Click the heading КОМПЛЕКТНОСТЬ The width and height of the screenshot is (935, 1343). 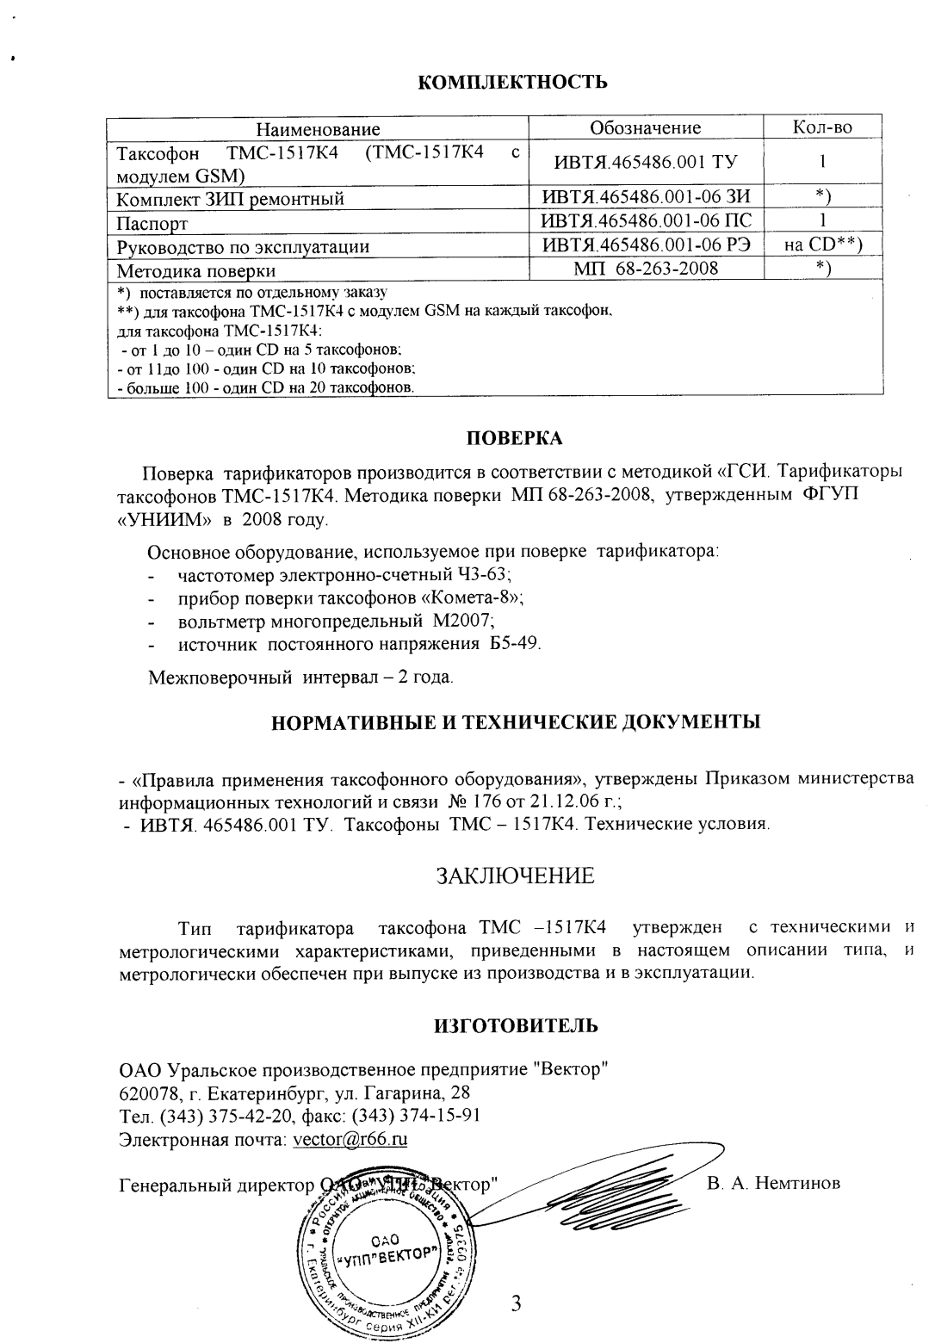513,83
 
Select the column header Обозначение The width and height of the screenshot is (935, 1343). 645,128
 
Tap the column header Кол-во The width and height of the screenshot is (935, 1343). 822,128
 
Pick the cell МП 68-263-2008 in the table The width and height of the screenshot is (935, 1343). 646,269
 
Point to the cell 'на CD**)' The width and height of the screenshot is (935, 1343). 822,246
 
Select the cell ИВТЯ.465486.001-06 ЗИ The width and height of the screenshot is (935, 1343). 646,199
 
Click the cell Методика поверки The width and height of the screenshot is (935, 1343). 196,270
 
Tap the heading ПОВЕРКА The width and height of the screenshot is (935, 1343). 514,437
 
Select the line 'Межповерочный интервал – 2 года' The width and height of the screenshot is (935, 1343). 300,678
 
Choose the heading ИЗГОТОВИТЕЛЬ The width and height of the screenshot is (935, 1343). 514,1025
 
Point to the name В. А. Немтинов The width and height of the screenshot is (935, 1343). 773,1184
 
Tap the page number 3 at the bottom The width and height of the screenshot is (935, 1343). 516,1303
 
